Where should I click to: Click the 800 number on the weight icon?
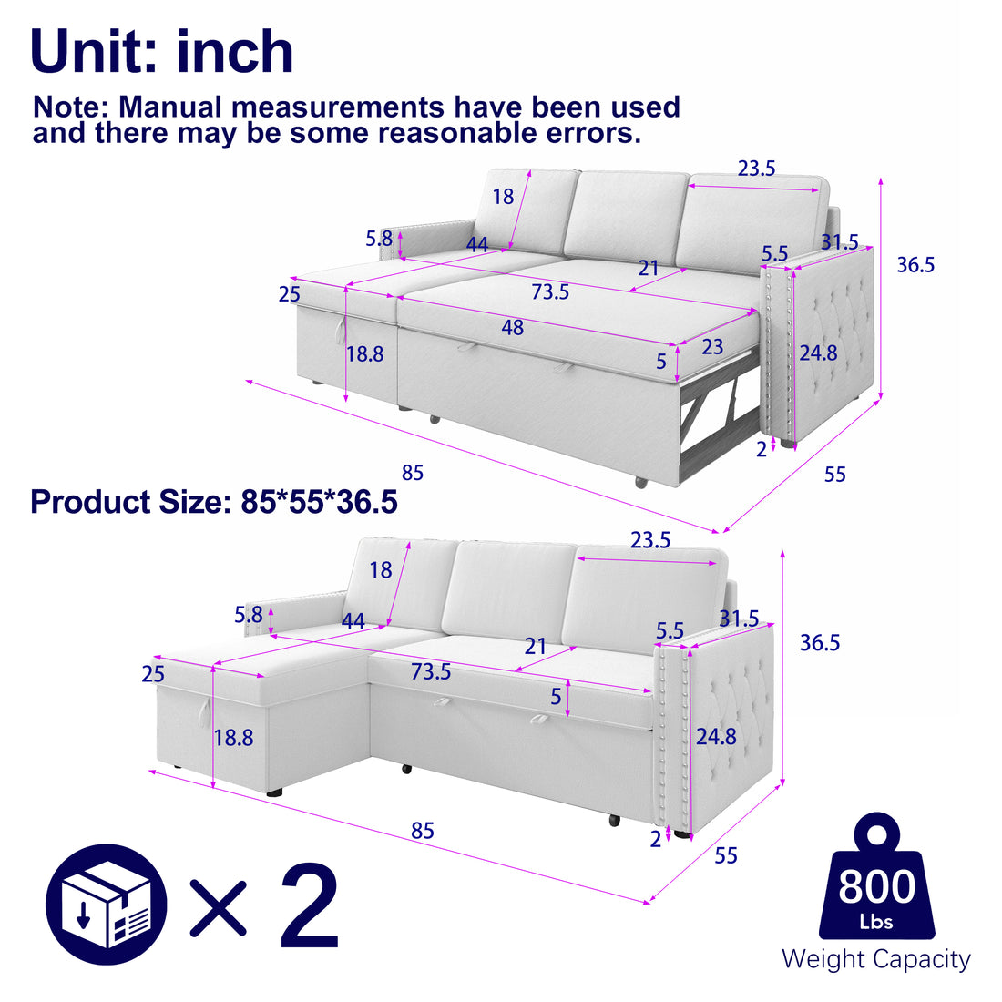click(876, 885)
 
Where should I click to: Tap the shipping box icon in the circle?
click(107, 905)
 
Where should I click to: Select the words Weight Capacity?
click(875, 958)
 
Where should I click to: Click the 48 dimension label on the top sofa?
click(513, 327)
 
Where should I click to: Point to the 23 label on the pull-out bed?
click(712, 346)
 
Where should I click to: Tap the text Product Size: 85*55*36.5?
click(214, 502)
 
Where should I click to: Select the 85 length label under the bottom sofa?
click(422, 831)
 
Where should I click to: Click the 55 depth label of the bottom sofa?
click(726, 855)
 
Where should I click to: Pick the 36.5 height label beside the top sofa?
click(915, 265)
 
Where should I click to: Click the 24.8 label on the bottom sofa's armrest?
click(716, 736)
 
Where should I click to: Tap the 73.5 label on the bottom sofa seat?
click(431, 672)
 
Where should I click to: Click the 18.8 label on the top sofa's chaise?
click(364, 354)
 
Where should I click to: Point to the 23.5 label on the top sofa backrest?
click(756, 169)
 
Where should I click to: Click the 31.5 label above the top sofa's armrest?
click(839, 242)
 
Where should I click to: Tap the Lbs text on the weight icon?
click(876, 922)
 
